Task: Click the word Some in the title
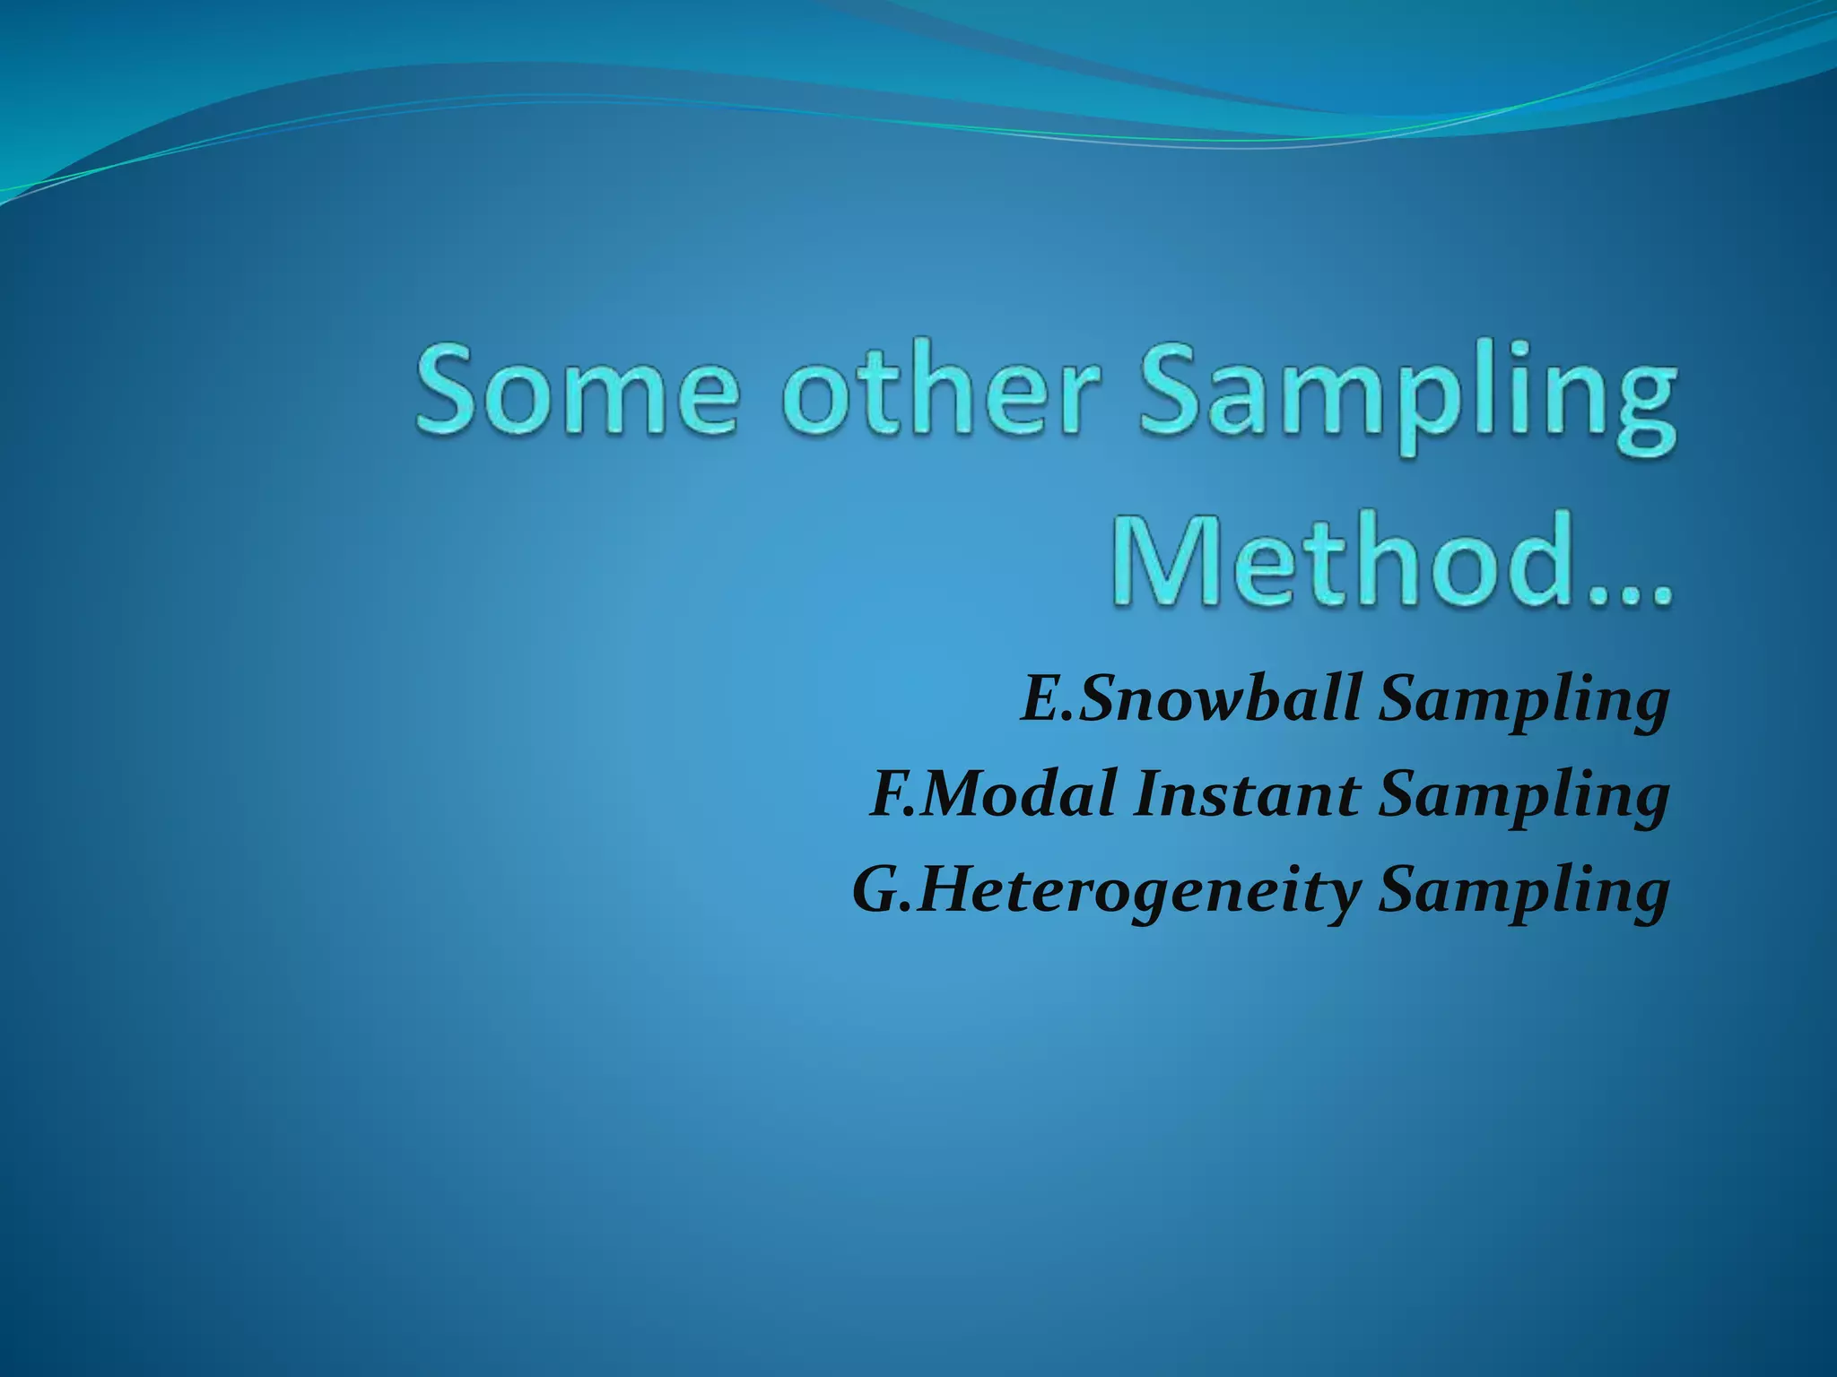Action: tap(577, 392)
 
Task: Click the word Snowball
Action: tap(1220, 699)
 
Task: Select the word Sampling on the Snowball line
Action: tap(1523, 705)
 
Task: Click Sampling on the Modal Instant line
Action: tap(1523, 800)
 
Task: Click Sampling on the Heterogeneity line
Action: tap(1523, 895)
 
